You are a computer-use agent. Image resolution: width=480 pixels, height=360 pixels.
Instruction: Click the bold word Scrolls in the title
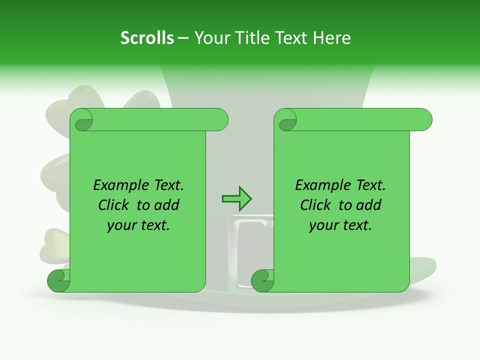[x=147, y=38]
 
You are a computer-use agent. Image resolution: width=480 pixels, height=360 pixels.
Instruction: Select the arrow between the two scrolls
[x=236, y=199]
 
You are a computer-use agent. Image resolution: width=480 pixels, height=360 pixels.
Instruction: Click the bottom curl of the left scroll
[x=58, y=281]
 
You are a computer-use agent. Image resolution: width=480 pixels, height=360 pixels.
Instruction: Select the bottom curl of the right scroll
[x=262, y=281]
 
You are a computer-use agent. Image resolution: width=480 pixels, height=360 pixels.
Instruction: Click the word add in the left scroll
[x=166, y=205]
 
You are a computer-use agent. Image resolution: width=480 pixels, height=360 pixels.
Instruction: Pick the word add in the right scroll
[x=368, y=205]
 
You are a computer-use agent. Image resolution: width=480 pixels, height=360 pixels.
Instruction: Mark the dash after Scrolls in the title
[x=183, y=38]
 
